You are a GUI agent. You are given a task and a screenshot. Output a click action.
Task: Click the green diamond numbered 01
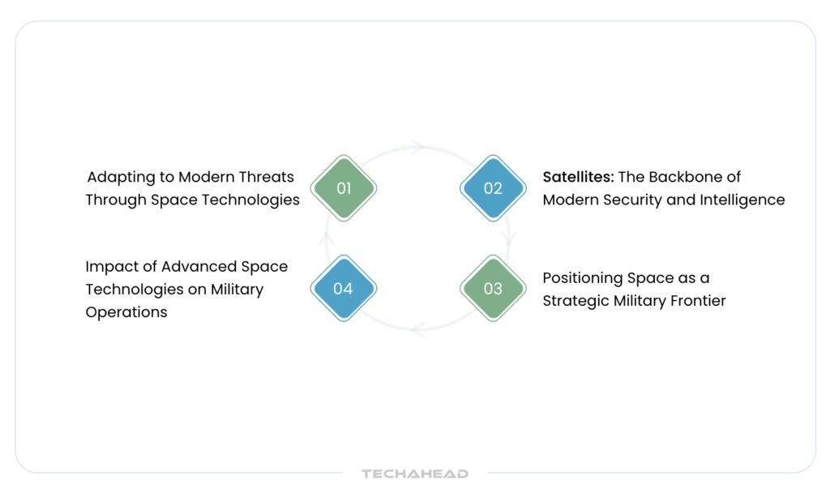click(344, 188)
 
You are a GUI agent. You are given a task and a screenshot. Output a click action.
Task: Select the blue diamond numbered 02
click(493, 188)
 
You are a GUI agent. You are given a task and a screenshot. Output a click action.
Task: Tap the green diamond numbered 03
click(493, 288)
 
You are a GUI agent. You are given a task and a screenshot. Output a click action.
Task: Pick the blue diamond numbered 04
click(344, 288)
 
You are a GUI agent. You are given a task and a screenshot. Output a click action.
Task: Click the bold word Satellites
click(578, 177)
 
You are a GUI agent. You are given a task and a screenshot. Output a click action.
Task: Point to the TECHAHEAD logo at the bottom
click(415, 474)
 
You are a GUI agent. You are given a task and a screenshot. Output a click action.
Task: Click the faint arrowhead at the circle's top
click(417, 147)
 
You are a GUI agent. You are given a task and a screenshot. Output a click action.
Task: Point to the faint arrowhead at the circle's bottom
click(417, 329)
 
